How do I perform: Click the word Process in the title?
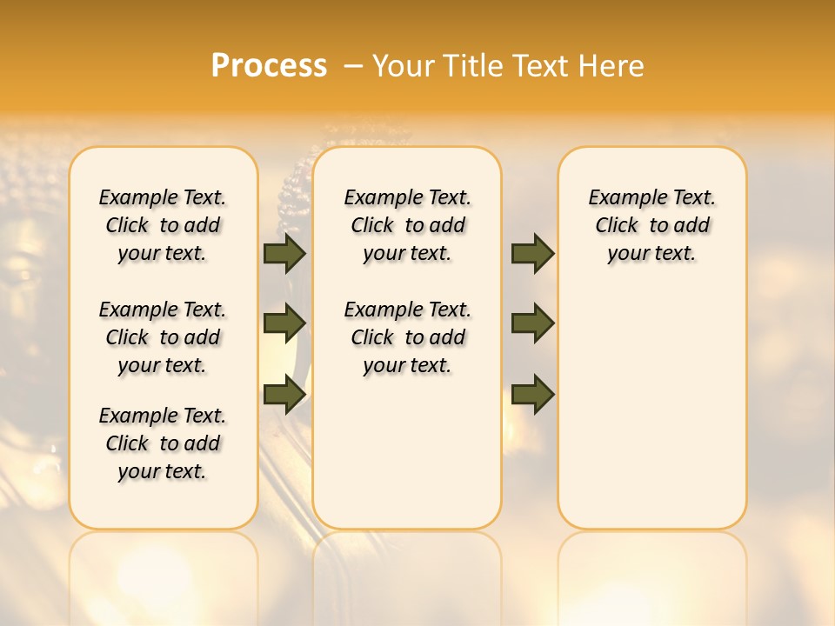click(x=269, y=66)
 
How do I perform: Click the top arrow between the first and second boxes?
click(x=284, y=254)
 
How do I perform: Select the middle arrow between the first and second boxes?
click(x=284, y=323)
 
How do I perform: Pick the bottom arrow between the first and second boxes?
click(x=284, y=394)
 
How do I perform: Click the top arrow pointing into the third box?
click(x=532, y=254)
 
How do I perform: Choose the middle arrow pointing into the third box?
click(x=532, y=323)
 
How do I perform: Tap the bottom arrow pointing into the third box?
click(x=532, y=395)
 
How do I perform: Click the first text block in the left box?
click(x=163, y=225)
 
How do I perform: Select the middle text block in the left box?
click(x=163, y=337)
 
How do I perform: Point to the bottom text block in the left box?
click(x=163, y=443)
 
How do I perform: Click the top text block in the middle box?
click(x=407, y=225)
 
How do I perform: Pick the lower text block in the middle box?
click(x=407, y=337)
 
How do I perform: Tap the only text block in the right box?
click(x=651, y=225)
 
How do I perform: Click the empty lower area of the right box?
click(x=651, y=409)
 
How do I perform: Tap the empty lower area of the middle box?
click(x=407, y=452)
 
